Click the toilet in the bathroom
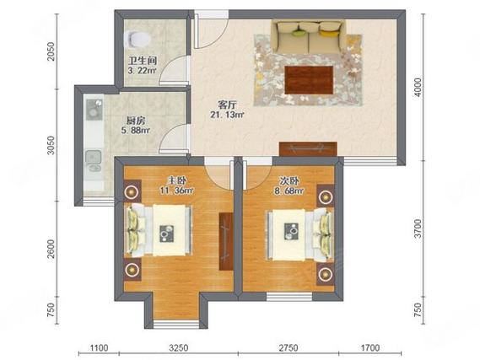pyautogui.click(x=138, y=40)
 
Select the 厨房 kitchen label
pyautogui.click(x=135, y=121)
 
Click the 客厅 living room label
pyautogui.click(x=227, y=105)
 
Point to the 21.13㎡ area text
pyautogui.click(x=227, y=115)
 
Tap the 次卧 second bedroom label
pyautogui.click(x=289, y=180)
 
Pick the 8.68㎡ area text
pyautogui.click(x=289, y=191)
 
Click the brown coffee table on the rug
pyautogui.click(x=309, y=80)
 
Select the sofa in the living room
pyautogui.click(x=309, y=37)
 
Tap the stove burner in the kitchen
pyautogui.click(x=93, y=110)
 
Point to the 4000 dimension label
pyautogui.click(x=418, y=88)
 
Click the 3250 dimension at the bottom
pyautogui.click(x=179, y=347)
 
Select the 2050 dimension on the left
pyautogui.click(x=51, y=51)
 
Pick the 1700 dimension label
pyautogui.click(x=370, y=347)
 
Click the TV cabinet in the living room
pyautogui.click(x=308, y=149)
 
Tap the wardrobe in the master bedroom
pyautogui.click(x=226, y=241)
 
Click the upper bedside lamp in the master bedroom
pyautogui.click(x=132, y=191)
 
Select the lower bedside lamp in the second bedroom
pyautogui.click(x=325, y=274)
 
